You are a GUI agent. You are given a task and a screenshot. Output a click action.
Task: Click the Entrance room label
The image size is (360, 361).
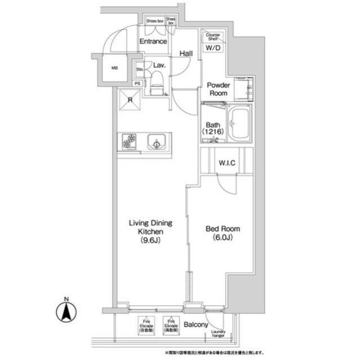tap(153, 41)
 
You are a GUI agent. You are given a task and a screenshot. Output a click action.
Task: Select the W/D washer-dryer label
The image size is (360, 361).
tap(213, 49)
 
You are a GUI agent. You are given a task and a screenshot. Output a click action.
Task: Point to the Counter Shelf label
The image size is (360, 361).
tap(213, 37)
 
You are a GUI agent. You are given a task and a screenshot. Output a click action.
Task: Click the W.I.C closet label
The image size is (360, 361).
tap(226, 164)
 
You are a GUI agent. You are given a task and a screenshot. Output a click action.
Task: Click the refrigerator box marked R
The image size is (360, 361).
tap(130, 102)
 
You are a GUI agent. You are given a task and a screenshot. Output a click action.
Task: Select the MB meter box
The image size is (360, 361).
tap(114, 69)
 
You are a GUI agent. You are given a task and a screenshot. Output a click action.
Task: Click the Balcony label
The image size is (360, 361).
tap(196, 325)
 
